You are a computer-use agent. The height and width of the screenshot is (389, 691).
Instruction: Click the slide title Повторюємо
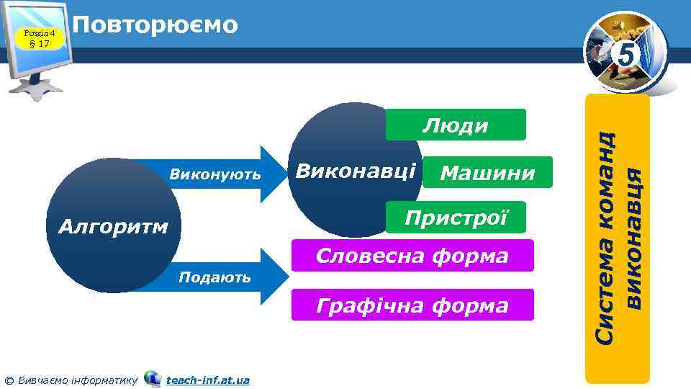pyautogui.click(x=155, y=25)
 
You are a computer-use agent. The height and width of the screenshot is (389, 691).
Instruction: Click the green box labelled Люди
pyautogui.click(x=456, y=125)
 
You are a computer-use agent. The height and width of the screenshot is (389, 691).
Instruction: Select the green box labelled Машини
pyautogui.click(x=487, y=174)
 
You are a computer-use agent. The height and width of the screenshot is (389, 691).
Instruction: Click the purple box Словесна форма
pyautogui.click(x=412, y=256)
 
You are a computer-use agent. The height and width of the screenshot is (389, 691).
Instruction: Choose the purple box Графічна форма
pyautogui.click(x=412, y=305)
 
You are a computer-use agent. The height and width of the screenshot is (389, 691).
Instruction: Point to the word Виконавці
pyautogui.click(x=356, y=171)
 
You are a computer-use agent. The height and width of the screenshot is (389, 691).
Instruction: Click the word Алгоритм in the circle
pyautogui.click(x=112, y=228)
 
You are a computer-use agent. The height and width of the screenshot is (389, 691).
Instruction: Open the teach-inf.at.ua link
pyautogui.click(x=207, y=379)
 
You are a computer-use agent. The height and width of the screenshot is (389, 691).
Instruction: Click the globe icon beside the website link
pyautogui.click(x=153, y=378)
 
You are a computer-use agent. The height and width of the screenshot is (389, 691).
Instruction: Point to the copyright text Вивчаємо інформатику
pyautogui.click(x=76, y=379)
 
